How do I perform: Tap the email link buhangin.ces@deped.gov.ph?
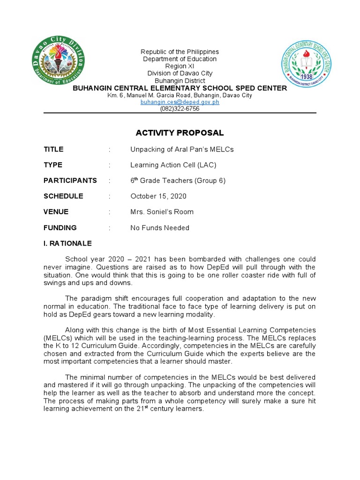180,102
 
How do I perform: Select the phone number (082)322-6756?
180,108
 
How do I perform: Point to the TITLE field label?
53,150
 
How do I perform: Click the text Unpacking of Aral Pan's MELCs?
182,150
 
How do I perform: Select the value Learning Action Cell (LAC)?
173,165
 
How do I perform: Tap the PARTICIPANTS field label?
70,180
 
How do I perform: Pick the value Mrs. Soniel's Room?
162,212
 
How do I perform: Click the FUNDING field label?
60,228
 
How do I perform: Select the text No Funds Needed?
160,228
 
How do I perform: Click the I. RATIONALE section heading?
67,244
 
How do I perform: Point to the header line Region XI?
180,66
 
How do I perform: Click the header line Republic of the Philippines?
180,52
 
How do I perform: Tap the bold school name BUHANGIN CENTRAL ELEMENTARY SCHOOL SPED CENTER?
180,88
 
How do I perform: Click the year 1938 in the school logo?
307,76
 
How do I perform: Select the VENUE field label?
56,212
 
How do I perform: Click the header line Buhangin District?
180,81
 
